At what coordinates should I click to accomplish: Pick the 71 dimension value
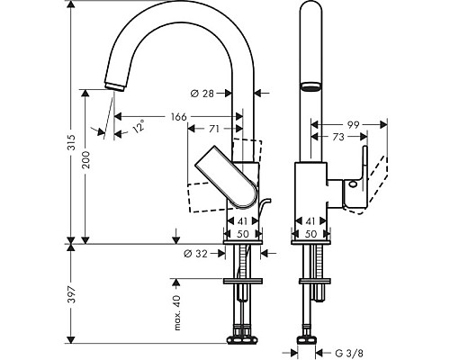point(214,130)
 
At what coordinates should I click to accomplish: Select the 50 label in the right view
point(310,233)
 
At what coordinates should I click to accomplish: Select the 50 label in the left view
point(242,233)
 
